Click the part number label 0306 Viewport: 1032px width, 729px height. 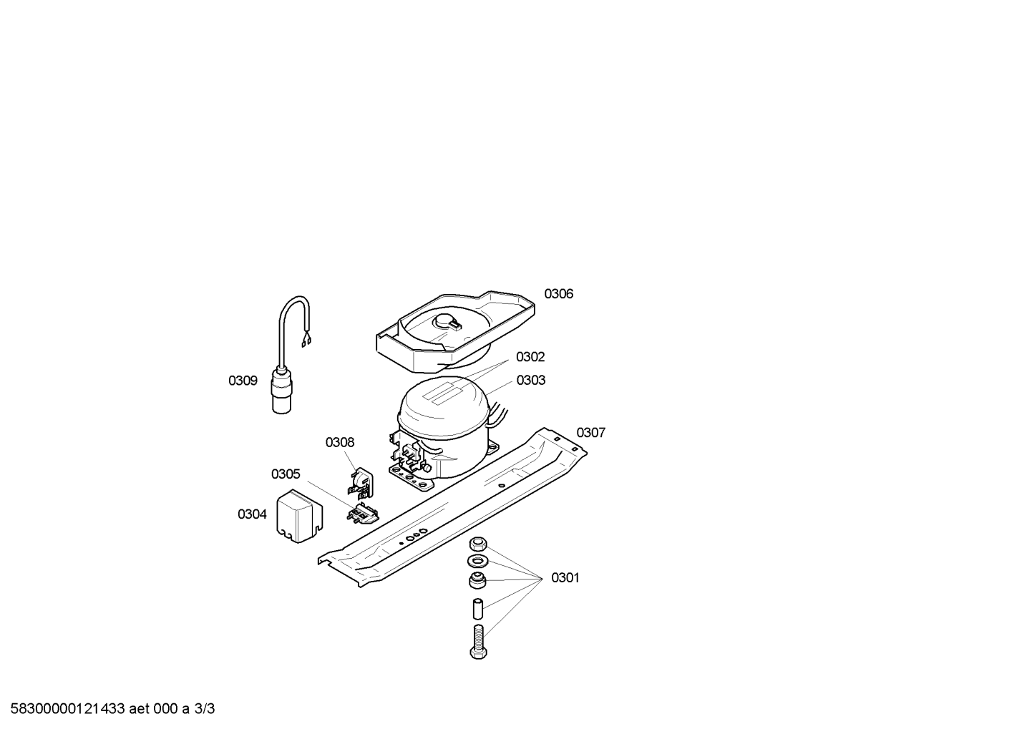coord(558,294)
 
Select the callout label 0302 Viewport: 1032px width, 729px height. coord(530,357)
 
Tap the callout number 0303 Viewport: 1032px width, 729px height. coord(531,381)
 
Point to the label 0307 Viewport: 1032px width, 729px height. coord(591,433)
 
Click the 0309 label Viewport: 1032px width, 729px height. coord(243,381)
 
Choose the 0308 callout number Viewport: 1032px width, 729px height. coord(340,443)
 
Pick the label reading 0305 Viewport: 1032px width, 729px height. coord(286,474)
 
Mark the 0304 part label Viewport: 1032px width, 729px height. coord(252,514)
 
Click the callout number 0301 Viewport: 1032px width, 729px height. coord(565,578)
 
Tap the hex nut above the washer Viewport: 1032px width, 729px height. coord(477,544)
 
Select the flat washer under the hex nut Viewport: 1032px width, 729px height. coord(477,561)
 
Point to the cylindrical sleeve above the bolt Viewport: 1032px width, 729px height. coord(478,609)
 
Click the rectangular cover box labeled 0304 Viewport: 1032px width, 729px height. coord(299,517)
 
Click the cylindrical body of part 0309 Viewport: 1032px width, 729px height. coord(281,391)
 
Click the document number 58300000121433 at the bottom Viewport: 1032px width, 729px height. coord(68,709)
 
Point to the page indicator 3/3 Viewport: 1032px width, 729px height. coord(205,709)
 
